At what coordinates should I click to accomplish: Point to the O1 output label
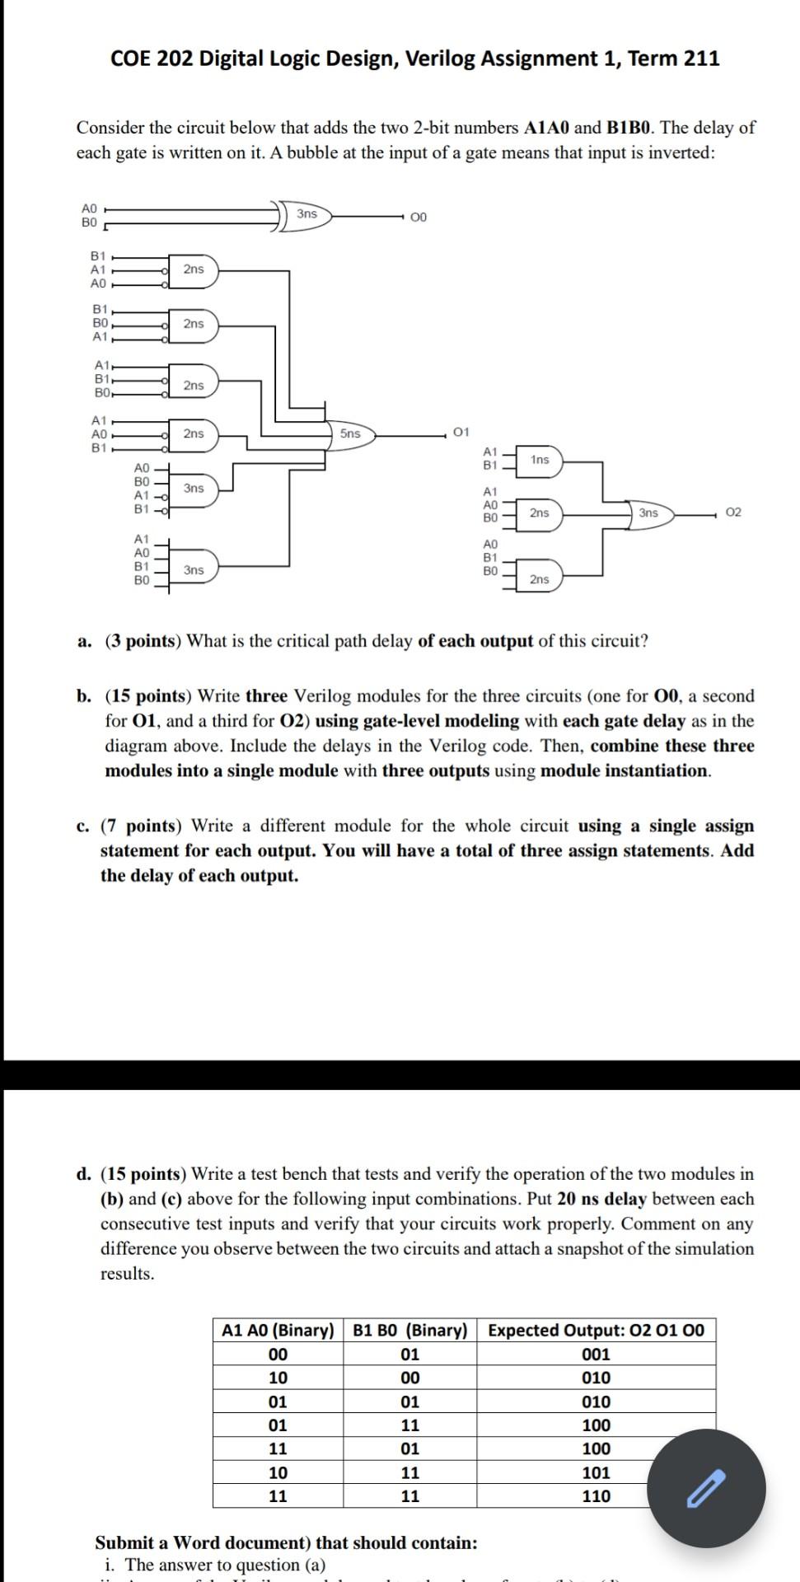coord(461,431)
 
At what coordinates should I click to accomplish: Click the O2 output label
coord(735,513)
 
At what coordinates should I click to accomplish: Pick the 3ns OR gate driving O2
coord(649,513)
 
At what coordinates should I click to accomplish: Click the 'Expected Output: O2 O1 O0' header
coord(596,1330)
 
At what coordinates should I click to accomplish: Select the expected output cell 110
coord(596,1496)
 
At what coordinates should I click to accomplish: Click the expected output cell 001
coord(596,1354)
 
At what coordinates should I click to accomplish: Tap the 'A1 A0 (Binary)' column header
coord(278,1330)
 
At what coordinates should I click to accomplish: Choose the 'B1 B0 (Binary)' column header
coord(409,1330)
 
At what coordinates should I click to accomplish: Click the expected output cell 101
coord(596,1472)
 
